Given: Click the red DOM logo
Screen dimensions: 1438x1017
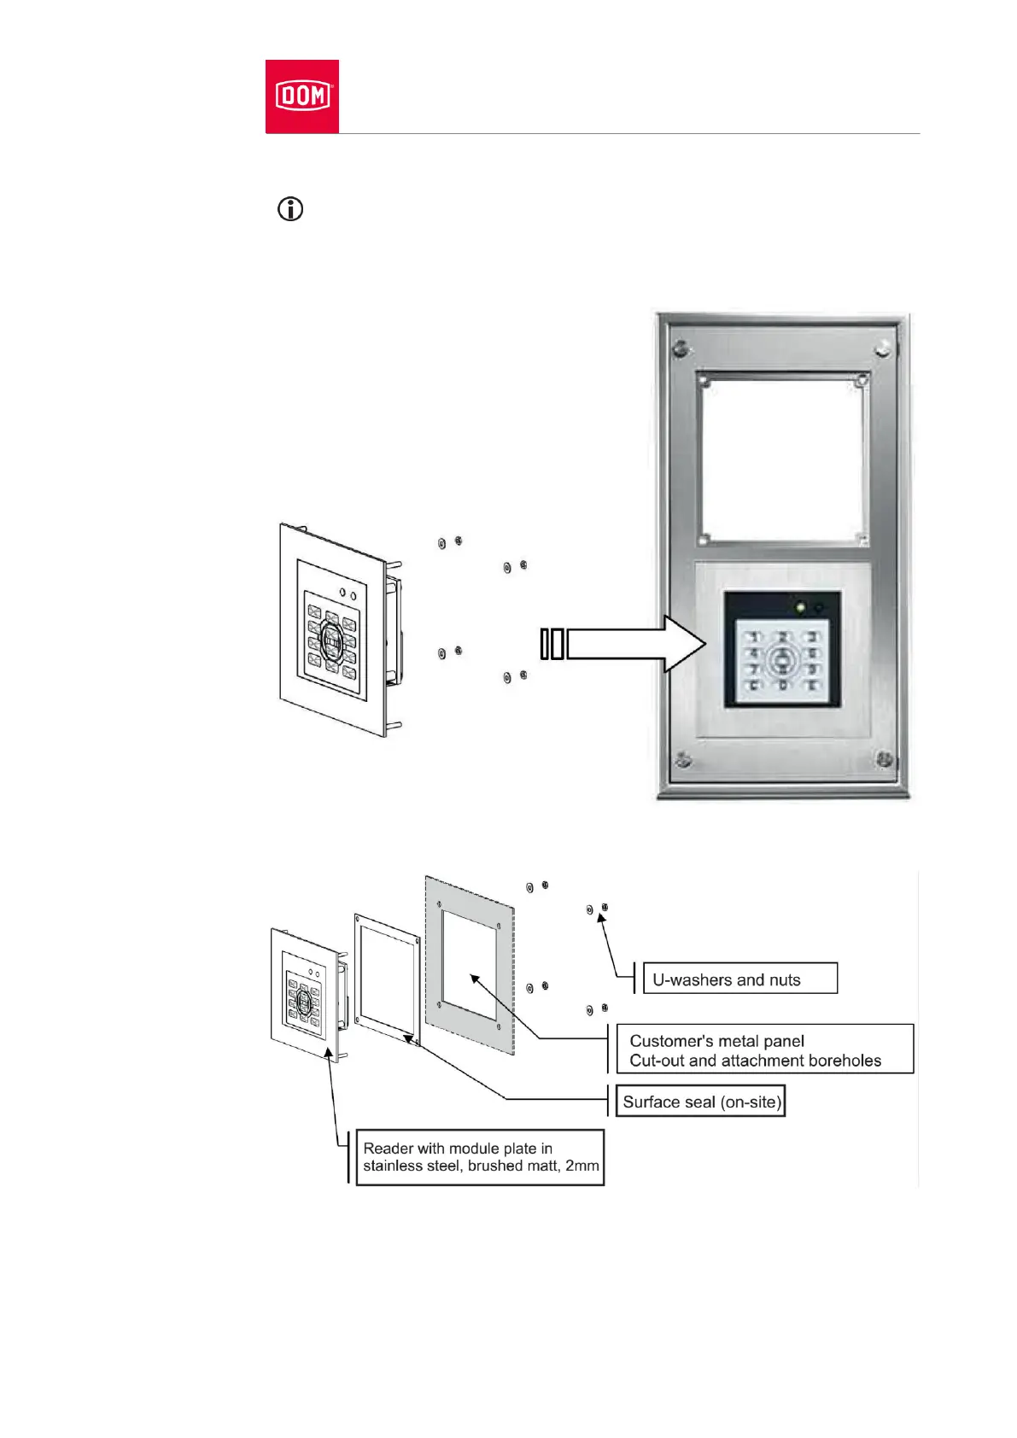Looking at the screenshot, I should click(x=302, y=96).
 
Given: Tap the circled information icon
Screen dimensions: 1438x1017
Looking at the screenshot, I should click(x=290, y=209).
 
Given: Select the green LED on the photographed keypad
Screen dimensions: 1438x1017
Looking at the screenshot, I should click(x=800, y=608).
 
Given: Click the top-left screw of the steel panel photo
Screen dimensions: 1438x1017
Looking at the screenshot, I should click(x=680, y=348).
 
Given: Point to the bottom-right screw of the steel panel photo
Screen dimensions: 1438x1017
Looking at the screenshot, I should click(x=884, y=758).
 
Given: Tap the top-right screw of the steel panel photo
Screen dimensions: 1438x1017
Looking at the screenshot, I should click(x=884, y=348).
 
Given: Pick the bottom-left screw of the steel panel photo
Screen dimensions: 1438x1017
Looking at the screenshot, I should click(x=681, y=758).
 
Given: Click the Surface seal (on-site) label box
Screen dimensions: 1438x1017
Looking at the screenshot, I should click(x=701, y=1102).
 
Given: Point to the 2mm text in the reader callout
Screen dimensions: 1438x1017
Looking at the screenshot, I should click(x=582, y=1166).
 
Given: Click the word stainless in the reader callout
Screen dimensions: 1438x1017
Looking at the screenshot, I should click(x=394, y=1166).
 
